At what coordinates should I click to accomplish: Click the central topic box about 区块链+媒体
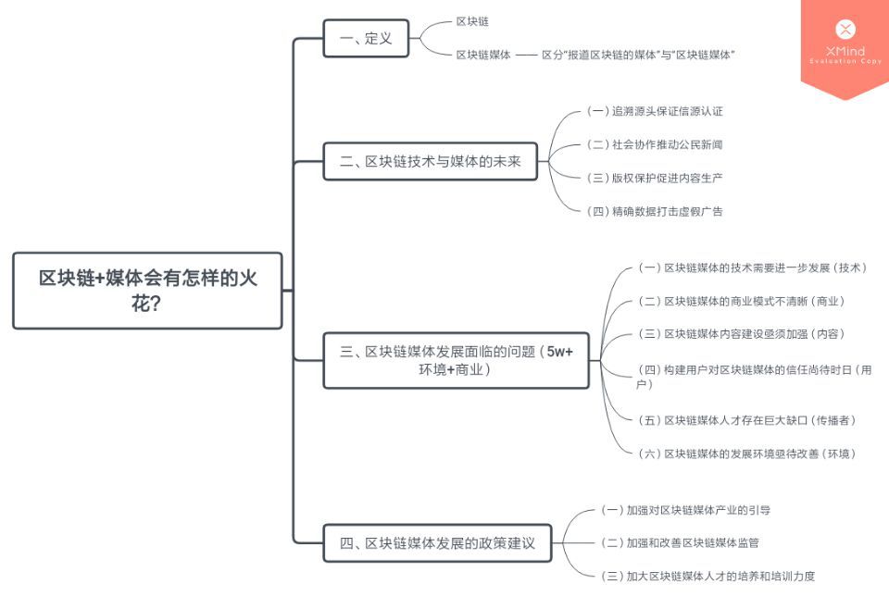click(x=147, y=291)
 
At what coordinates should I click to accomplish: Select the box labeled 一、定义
click(x=366, y=38)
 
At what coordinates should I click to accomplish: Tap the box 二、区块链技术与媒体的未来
click(x=431, y=161)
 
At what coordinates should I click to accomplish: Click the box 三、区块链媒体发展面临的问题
click(x=456, y=360)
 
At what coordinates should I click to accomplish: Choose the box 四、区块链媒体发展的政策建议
click(x=437, y=542)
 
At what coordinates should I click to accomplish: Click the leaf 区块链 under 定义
click(x=472, y=20)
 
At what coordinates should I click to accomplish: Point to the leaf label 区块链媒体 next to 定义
click(x=482, y=55)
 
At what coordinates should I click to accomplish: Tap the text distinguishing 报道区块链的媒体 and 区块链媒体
click(x=638, y=55)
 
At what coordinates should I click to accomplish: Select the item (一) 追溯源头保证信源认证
click(x=655, y=111)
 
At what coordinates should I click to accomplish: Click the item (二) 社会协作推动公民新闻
click(x=655, y=144)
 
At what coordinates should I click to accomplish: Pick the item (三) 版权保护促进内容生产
click(x=655, y=178)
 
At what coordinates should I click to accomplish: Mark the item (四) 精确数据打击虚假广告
click(x=655, y=211)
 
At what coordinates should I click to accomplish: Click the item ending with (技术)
click(x=752, y=267)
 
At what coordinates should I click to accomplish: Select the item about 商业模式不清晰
click(x=741, y=301)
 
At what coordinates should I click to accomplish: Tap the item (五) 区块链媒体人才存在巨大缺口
click(x=746, y=419)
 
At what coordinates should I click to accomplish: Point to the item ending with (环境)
click(x=746, y=453)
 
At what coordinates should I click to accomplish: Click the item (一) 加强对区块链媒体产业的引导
click(x=685, y=509)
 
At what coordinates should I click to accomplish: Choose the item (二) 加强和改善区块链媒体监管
click(x=680, y=542)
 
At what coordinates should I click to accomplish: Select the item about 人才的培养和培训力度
click(x=707, y=576)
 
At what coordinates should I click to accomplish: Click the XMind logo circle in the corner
click(x=845, y=30)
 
